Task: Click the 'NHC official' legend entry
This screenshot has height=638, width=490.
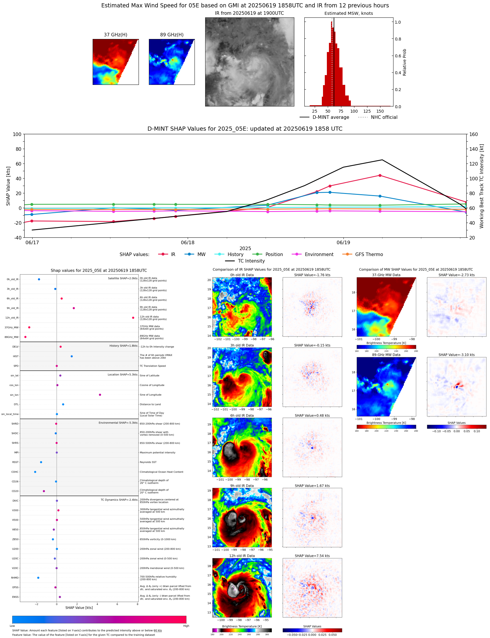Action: (384, 117)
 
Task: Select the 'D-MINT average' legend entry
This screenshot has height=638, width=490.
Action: (330, 117)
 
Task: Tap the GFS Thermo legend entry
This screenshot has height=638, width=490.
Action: (369, 255)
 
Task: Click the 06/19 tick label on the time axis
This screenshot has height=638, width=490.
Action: (343, 243)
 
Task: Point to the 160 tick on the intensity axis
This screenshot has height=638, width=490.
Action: (473, 134)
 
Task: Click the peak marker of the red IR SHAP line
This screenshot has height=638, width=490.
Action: (380, 176)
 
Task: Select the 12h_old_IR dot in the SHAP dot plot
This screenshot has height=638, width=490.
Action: (133, 318)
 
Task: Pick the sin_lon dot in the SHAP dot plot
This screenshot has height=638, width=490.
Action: (100, 395)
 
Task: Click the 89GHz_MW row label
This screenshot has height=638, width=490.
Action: (11, 337)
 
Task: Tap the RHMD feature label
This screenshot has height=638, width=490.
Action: (15, 578)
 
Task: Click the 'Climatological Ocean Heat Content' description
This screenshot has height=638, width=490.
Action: (161, 472)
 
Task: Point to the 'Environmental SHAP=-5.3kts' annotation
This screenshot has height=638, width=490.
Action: (118, 423)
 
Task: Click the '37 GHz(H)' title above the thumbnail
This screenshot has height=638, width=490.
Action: (115, 35)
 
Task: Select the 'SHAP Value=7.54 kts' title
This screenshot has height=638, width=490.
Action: (312, 556)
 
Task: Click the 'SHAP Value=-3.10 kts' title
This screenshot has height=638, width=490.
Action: (456, 355)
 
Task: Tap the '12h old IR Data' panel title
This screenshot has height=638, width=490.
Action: (242, 556)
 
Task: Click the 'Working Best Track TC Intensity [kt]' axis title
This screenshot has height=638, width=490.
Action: (482, 186)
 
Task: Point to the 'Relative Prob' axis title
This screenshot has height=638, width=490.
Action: (404, 62)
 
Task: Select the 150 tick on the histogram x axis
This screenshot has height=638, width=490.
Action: (380, 111)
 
